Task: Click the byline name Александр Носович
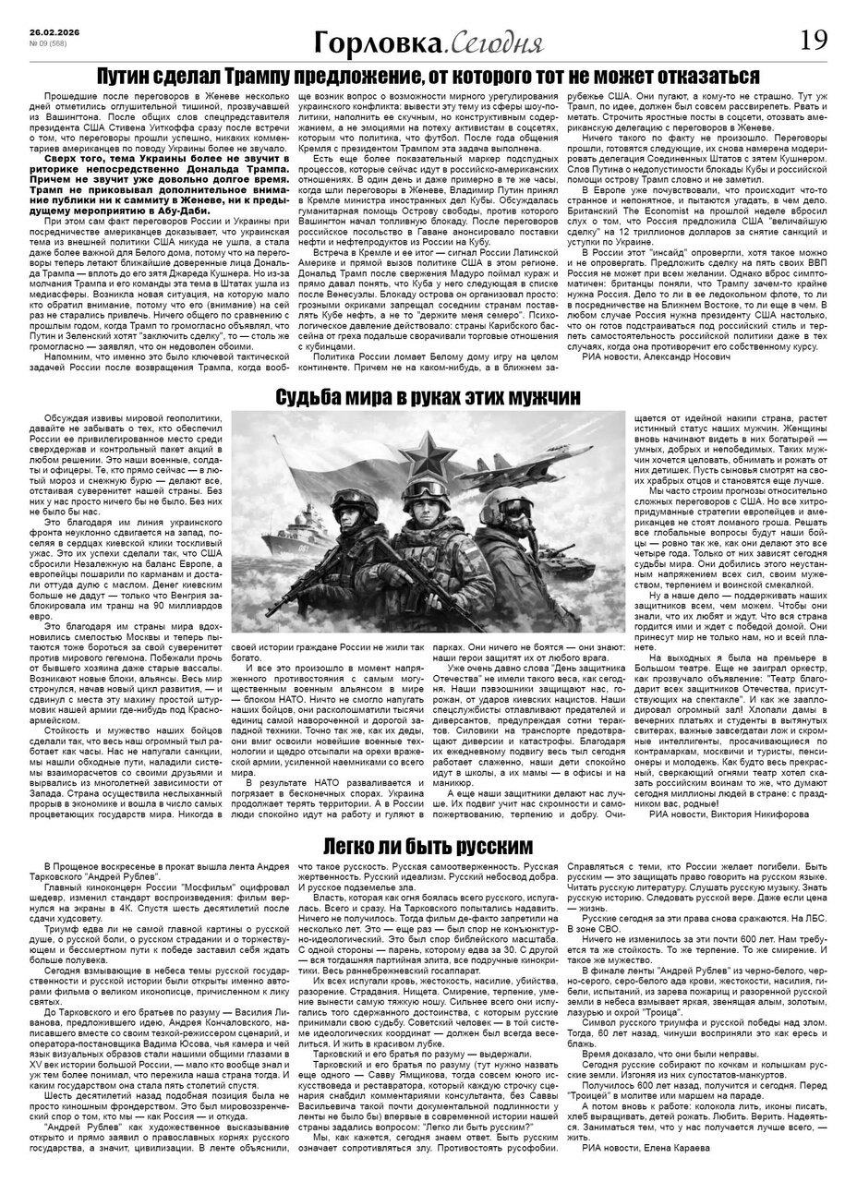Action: [685, 356]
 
